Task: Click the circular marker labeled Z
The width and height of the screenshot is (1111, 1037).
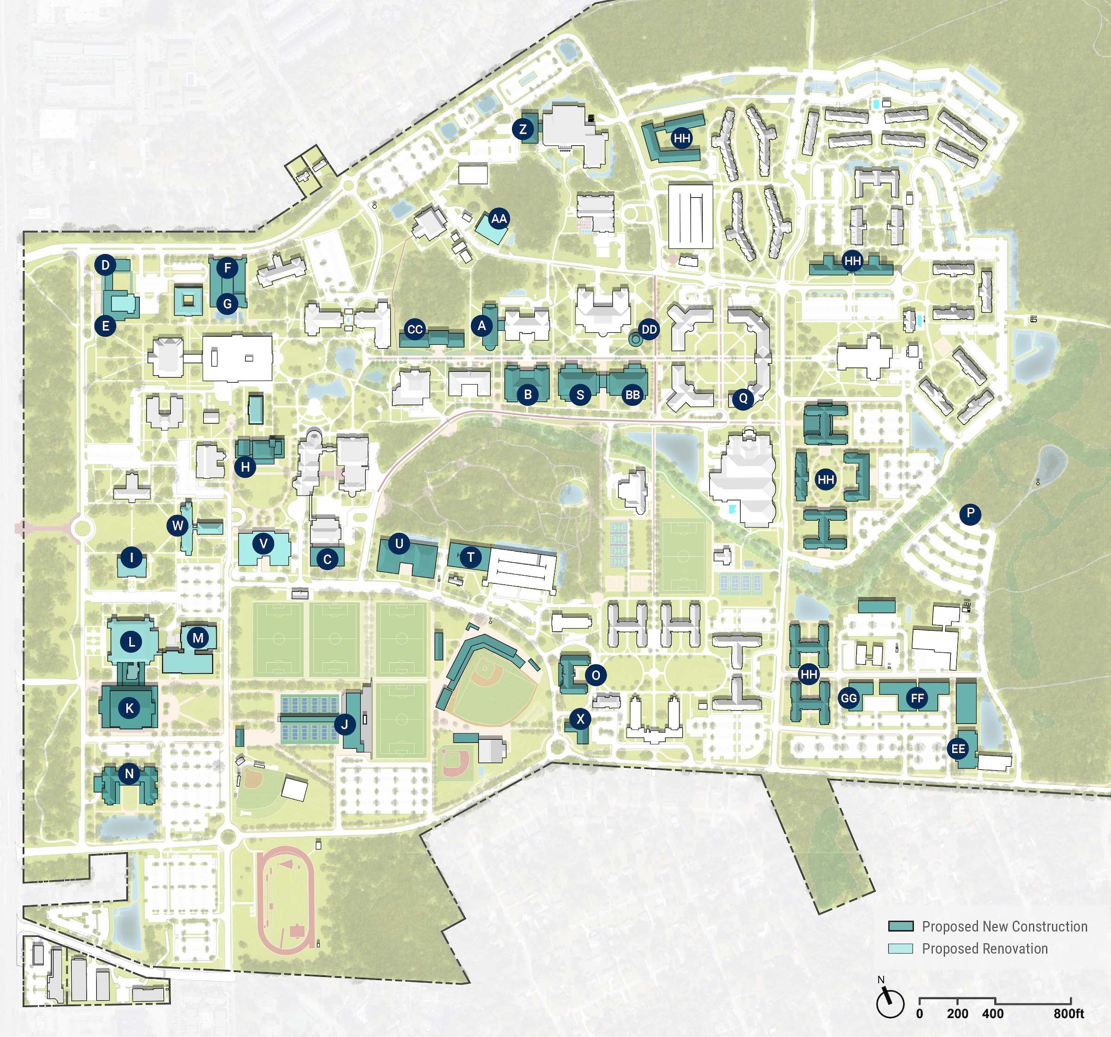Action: click(523, 130)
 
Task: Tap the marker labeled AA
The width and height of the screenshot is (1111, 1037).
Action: click(499, 218)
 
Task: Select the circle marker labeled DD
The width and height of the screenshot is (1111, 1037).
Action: click(649, 329)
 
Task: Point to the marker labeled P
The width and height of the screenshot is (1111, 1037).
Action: click(970, 514)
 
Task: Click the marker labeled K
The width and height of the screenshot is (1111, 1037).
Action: click(130, 708)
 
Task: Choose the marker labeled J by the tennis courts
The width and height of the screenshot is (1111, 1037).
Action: click(344, 725)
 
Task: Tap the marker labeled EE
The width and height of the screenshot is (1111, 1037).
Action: click(958, 749)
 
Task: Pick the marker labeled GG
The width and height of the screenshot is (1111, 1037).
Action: click(849, 698)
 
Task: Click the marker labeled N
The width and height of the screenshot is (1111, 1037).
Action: click(129, 774)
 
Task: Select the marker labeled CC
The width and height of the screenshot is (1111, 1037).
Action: click(415, 329)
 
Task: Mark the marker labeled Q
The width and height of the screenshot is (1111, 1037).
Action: click(743, 398)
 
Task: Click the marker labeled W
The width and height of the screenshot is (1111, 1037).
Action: click(178, 526)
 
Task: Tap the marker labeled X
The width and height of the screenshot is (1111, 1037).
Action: click(580, 719)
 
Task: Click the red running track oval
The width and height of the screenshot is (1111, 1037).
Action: click(287, 900)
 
